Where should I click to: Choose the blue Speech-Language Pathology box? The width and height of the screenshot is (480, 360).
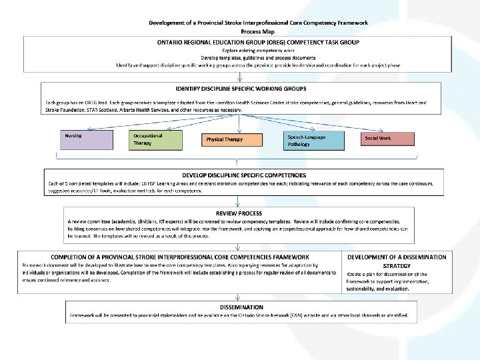(x=313, y=139)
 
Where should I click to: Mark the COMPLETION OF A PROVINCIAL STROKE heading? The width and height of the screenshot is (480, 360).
(x=179, y=257)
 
